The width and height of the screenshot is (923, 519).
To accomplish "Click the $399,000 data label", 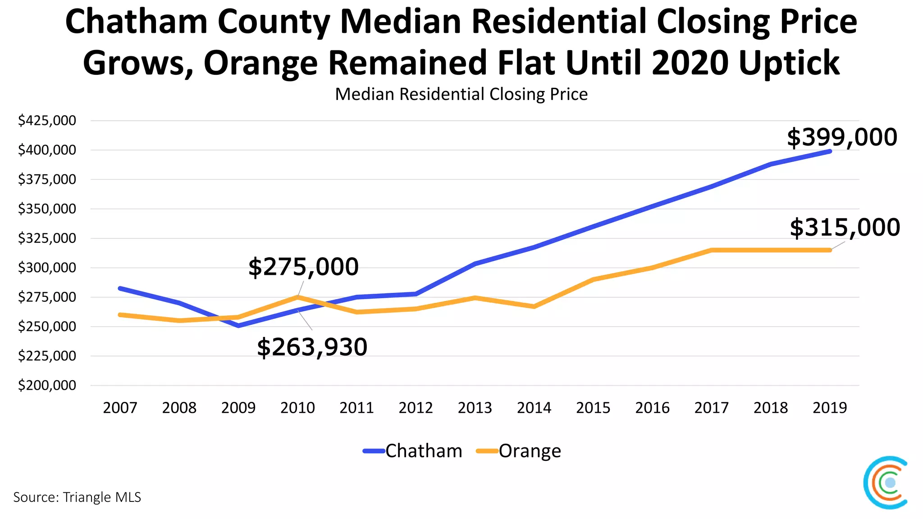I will pos(842,137).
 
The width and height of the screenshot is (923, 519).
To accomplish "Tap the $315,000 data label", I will pos(845,228).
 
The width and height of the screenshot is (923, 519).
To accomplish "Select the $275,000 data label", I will pos(303,267).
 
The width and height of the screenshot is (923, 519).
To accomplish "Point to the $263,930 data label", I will pos(312,347).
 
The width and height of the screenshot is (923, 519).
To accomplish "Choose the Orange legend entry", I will pos(519,451).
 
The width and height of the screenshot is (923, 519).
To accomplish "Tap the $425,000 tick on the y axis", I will pos(47,121).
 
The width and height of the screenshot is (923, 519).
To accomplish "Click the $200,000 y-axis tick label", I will pos(47,386).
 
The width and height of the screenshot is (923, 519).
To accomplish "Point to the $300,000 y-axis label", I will pos(47,268).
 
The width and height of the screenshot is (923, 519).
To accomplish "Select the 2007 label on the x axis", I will pos(120,408).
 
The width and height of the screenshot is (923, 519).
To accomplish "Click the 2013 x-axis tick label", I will pos(475,408).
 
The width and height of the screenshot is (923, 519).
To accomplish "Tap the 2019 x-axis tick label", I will pos(830,408).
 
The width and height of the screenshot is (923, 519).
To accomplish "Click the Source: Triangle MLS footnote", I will pos(77,497).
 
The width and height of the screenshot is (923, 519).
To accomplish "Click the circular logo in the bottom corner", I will pos(886,483).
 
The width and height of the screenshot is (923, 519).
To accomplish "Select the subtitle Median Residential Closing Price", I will pos(461,95).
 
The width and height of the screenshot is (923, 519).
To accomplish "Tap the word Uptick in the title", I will pos(789,63).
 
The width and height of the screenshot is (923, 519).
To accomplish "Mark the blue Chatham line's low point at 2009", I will pos(238,325).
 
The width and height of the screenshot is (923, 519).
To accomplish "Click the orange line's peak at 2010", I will pos(298,297).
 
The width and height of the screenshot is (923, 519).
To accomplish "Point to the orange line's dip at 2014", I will pos(534,306).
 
